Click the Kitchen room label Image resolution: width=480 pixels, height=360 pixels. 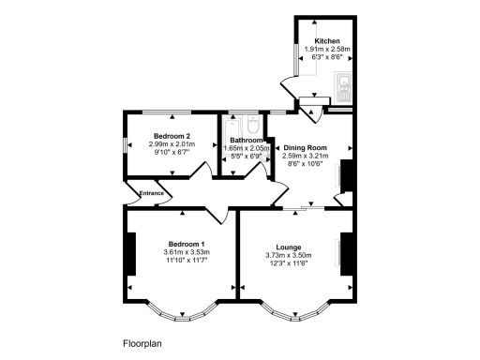click(327, 41)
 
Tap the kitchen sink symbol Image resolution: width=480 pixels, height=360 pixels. click(344, 87)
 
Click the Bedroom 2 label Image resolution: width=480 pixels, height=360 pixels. click(172, 136)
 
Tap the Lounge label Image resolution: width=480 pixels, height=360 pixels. click(288, 247)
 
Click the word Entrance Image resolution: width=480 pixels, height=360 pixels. click(152, 193)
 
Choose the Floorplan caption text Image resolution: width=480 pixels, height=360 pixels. click(142, 343)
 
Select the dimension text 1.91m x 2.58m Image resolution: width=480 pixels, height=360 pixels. click(327, 50)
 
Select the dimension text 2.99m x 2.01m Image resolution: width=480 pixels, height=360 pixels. click(172, 144)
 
